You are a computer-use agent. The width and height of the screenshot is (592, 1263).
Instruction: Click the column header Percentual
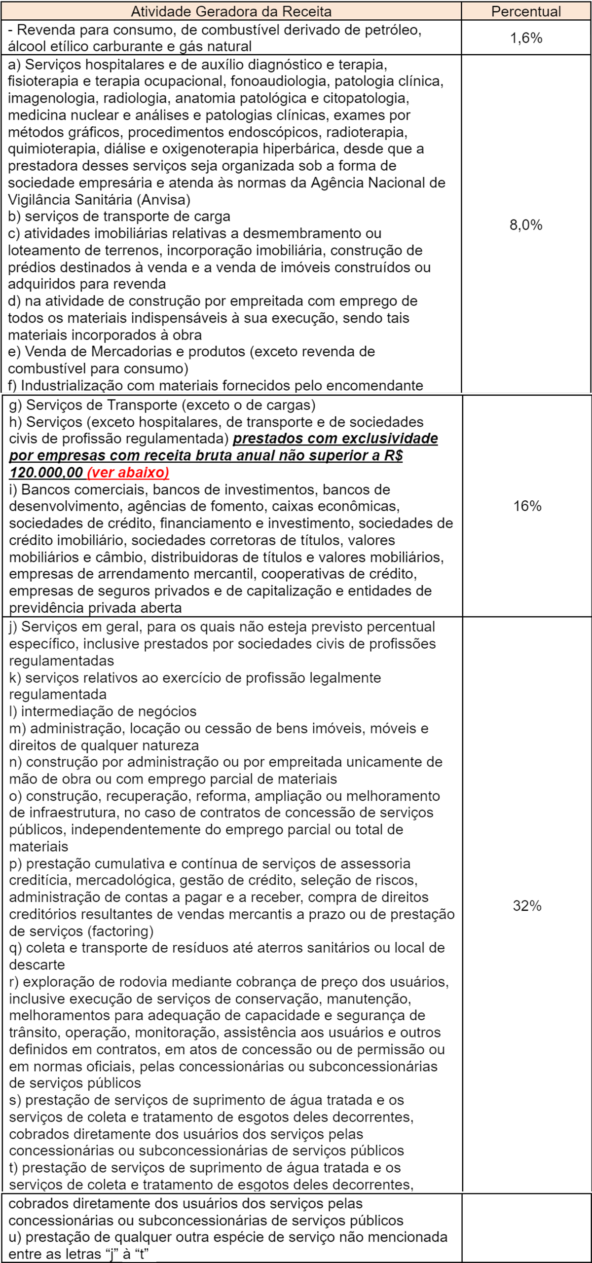526,11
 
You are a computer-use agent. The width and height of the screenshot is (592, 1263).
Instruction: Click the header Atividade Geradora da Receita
231,11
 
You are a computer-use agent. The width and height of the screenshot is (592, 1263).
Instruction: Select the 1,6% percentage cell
526,38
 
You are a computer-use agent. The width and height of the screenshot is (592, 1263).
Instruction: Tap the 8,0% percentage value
526,225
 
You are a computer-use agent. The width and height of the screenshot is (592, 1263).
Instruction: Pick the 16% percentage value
527,506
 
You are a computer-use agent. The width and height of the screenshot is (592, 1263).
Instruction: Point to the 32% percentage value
527,905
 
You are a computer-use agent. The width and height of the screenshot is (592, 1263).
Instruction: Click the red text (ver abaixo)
128,472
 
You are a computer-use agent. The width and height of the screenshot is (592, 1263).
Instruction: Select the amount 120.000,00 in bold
46,472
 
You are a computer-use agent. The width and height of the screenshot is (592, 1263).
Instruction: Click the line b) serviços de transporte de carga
119,217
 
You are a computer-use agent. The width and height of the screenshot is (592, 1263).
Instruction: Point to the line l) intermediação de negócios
103,711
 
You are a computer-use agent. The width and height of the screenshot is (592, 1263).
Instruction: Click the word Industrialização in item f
77,385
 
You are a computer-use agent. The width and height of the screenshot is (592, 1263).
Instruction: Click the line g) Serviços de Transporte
162,405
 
